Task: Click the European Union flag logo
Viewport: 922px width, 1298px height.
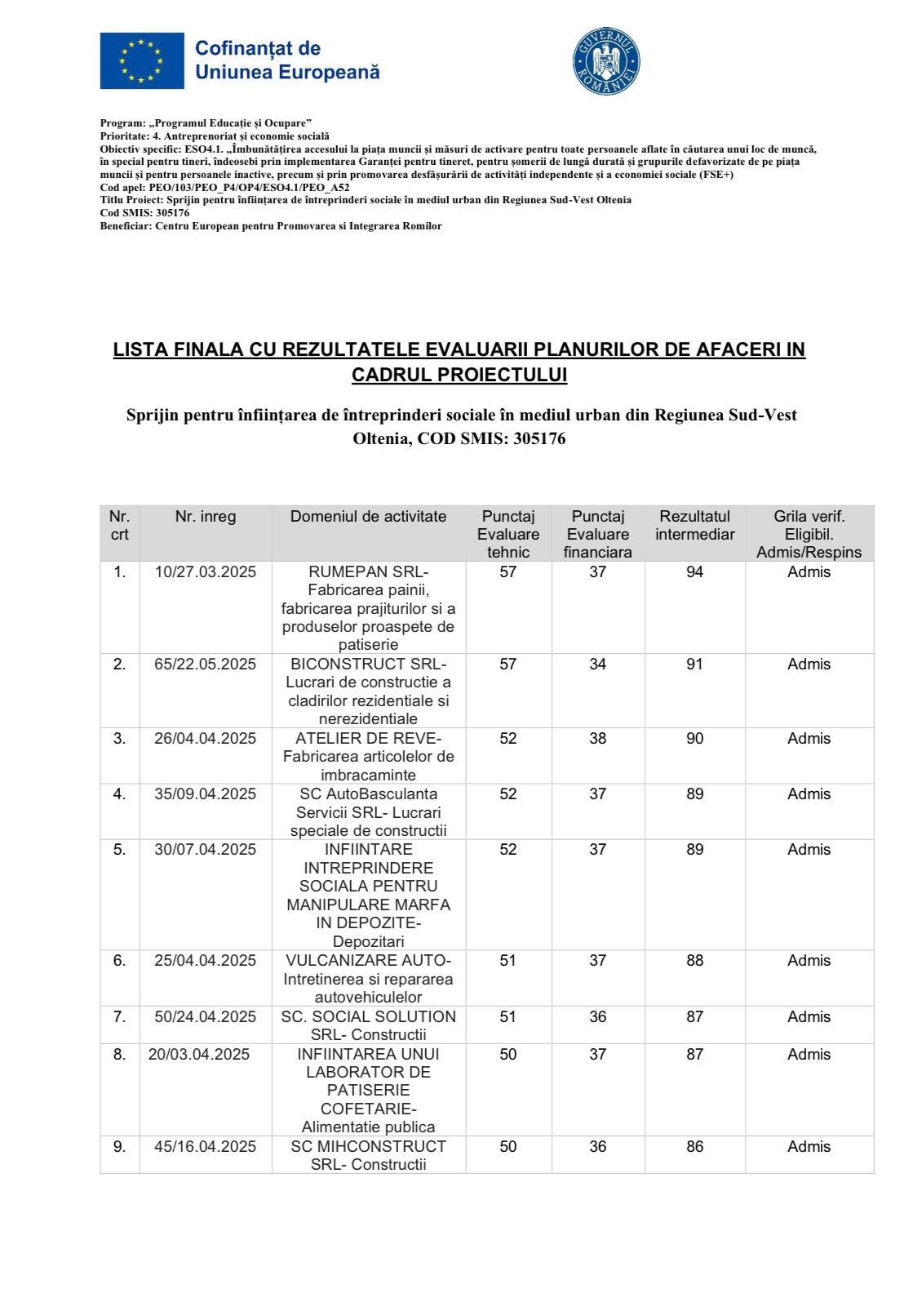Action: (x=142, y=61)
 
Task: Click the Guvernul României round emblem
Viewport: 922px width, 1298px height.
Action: (x=607, y=62)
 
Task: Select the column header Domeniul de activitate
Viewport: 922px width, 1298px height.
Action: (x=369, y=516)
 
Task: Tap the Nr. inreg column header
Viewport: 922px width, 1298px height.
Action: (x=206, y=516)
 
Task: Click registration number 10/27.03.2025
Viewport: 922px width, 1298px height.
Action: (x=206, y=571)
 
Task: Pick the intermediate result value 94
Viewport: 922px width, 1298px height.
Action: (x=694, y=571)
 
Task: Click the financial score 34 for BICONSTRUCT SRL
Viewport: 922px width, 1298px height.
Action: (x=598, y=664)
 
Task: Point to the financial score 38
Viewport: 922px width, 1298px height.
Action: (x=598, y=738)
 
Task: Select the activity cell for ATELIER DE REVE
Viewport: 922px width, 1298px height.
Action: (x=369, y=757)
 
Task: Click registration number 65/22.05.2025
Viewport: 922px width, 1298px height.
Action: (x=206, y=664)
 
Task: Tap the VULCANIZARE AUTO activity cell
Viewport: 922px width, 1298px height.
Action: (x=369, y=979)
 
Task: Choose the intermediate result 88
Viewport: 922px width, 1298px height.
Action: (x=694, y=960)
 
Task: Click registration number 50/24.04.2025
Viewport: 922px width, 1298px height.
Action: (x=206, y=1016)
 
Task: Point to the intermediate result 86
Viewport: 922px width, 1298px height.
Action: (x=694, y=1146)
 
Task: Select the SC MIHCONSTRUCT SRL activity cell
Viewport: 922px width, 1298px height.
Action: (x=369, y=1155)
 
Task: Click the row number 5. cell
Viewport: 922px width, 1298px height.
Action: (x=120, y=849)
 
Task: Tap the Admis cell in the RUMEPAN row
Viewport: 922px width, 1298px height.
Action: (x=809, y=571)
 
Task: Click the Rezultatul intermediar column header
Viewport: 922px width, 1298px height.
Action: (x=694, y=526)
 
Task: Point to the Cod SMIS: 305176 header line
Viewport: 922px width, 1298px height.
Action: (x=144, y=213)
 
